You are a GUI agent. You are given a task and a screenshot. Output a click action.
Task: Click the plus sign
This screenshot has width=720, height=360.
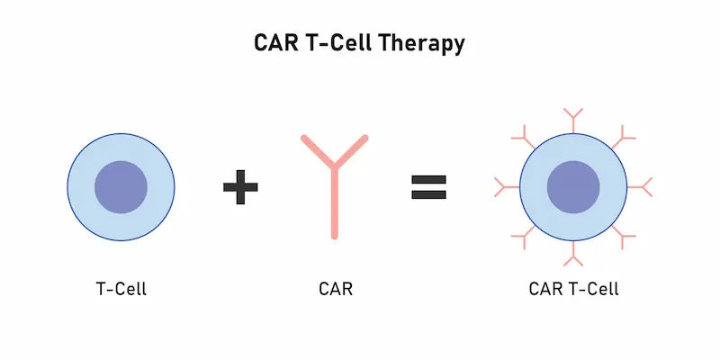click(240, 187)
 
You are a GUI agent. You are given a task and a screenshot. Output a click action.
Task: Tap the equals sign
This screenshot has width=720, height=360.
click(429, 187)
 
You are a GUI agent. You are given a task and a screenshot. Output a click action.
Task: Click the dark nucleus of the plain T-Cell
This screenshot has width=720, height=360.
click(121, 187)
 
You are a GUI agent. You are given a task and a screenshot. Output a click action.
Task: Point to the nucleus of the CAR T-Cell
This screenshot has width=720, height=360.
click(573, 187)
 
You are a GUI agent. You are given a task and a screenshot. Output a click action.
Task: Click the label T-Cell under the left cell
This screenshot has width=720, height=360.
click(121, 290)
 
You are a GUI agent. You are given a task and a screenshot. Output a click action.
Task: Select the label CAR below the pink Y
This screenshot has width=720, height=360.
click(336, 290)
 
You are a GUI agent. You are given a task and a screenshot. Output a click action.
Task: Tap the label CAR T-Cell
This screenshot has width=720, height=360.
click(574, 290)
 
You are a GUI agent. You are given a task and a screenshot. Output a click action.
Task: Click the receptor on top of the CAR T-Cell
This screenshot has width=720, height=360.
click(573, 121)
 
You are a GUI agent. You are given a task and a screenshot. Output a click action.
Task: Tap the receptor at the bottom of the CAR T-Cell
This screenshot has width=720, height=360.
click(573, 255)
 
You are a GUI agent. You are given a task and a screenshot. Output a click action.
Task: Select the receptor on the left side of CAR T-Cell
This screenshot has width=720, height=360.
click(505, 187)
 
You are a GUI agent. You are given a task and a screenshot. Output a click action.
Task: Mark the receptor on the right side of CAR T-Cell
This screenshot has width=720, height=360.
click(641, 187)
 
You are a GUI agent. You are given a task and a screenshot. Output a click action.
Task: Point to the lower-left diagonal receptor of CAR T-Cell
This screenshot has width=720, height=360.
click(524, 236)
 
